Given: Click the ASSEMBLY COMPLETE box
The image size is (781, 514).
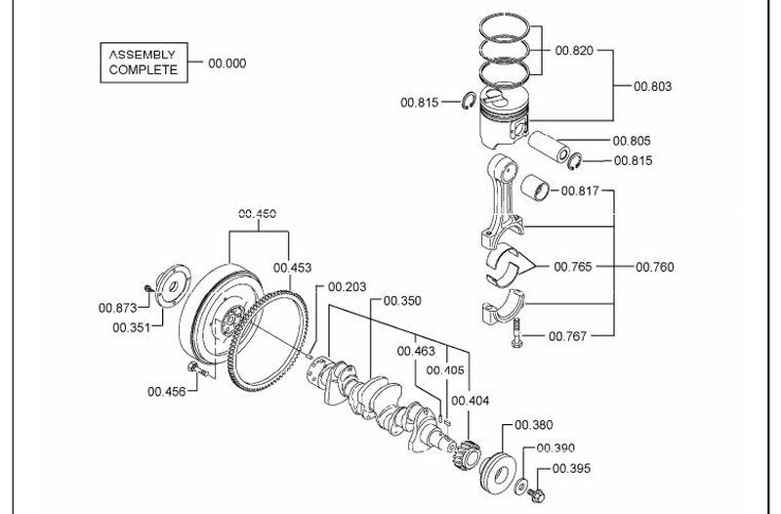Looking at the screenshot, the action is pyautogui.click(x=144, y=63).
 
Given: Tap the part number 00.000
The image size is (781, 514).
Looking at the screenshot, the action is pyautogui.click(x=227, y=64).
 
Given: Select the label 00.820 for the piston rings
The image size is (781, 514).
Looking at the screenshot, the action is pyautogui.click(x=574, y=51).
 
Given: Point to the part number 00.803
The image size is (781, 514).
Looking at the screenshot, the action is pyautogui.click(x=652, y=86).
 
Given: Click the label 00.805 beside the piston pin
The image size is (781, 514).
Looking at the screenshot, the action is pyautogui.click(x=632, y=141).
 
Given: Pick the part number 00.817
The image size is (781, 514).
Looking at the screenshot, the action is pyautogui.click(x=580, y=191).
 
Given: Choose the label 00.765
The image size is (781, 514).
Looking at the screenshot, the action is pyautogui.click(x=573, y=267).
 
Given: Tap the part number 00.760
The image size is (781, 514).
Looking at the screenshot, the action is pyautogui.click(x=654, y=267).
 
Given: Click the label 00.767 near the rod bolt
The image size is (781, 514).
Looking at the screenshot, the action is pyautogui.click(x=568, y=336).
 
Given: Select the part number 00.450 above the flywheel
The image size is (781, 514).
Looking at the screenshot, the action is pyautogui.click(x=258, y=214).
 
